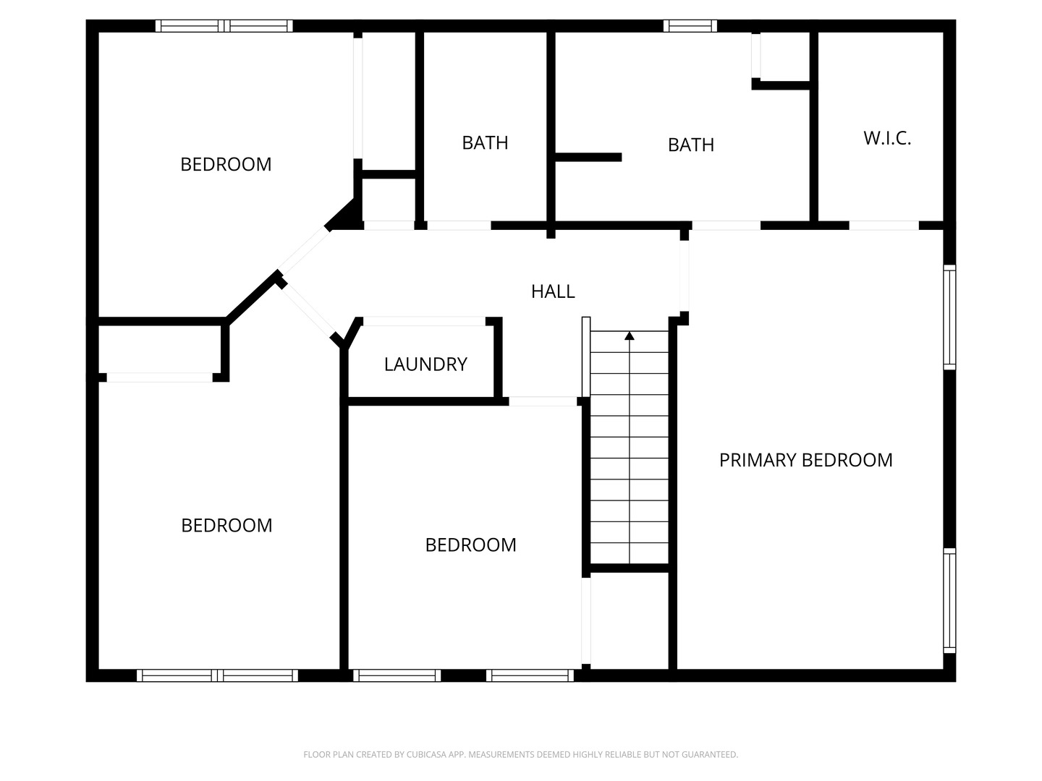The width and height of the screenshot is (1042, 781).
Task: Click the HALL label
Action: [x=553, y=291]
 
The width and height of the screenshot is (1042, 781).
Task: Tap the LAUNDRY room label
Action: [x=425, y=364]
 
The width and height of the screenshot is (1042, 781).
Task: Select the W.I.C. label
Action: [x=887, y=138]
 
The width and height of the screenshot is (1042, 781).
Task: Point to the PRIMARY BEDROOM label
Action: [x=805, y=460]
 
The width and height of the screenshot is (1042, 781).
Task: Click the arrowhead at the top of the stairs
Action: [x=630, y=336]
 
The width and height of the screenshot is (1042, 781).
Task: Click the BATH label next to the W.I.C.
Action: [x=691, y=145]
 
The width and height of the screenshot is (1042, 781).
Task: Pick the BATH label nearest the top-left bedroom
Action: [x=485, y=142]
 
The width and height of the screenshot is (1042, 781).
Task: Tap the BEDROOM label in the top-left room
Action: [x=226, y=164]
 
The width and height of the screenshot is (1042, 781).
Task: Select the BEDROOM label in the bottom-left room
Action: [x=226, y=525]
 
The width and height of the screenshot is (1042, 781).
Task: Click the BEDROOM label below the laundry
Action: [x=470, y=545]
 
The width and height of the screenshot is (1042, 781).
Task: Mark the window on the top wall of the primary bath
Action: [x=690, y=26]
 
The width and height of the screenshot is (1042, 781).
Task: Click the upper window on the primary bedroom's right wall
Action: [x=949, y=317]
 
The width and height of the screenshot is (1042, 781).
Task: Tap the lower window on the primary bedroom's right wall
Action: [x=949, y=600]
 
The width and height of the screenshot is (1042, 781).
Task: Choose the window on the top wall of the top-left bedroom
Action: [x=224, y=26]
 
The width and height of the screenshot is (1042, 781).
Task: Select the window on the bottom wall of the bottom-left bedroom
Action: [x=217, y=675]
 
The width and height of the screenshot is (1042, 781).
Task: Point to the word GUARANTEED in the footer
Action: [x=712, y=755]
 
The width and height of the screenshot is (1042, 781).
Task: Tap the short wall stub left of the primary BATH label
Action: [x=588, y=157]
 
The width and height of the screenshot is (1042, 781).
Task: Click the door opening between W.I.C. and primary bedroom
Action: [x=884, y=226]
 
